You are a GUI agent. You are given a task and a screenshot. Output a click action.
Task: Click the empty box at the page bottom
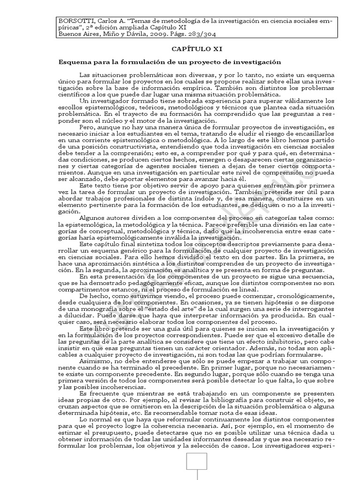pyautogui.click(x=197, y=466)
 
